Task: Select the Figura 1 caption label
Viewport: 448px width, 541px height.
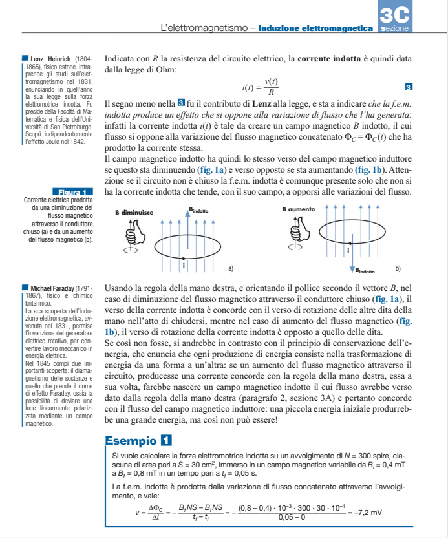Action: pos(72,192)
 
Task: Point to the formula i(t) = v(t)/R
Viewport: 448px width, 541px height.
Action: pos(261,86)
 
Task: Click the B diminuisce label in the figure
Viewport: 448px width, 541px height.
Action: pos(135,212)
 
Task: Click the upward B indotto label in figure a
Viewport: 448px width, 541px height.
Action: pos(198,210)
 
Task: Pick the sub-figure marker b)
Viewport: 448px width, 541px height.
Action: pos(398,268)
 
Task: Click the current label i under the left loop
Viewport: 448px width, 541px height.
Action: pos(184,264)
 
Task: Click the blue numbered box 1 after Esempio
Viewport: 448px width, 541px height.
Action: pos(167,441)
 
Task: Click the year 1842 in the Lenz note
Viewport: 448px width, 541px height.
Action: pos(76,142)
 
